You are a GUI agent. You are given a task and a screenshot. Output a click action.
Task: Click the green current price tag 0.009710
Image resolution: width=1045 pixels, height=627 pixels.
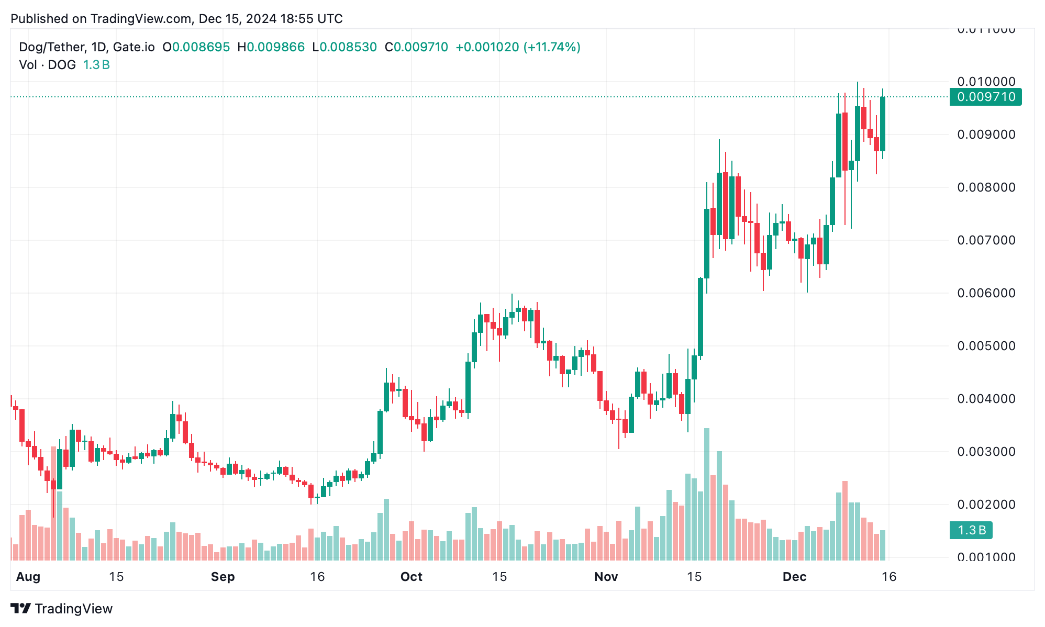point(985,97)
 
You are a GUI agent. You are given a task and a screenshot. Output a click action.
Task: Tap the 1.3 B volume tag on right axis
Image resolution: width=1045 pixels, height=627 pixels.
point(971,530)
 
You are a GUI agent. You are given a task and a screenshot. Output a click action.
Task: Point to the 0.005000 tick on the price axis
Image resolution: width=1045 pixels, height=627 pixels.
point(986,346)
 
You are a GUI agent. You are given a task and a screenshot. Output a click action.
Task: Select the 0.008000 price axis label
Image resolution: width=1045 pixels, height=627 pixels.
point(986,187)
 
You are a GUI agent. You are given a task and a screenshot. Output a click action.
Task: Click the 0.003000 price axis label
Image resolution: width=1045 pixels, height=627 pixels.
point(986,452)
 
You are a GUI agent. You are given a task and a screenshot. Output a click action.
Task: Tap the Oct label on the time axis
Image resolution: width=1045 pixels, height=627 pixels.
point(411,577)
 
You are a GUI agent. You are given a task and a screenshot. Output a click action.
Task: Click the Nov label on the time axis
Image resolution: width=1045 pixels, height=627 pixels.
point(606,577)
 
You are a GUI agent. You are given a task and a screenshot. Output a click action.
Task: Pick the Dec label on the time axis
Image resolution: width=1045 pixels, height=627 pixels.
point(794,577)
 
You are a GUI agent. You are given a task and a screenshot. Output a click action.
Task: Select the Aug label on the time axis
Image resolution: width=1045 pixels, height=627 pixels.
point(28,577)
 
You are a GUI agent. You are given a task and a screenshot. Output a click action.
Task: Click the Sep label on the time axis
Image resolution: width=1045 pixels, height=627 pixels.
point(223,577)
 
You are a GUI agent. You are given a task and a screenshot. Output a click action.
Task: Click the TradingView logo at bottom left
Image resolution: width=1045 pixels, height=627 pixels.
point(62,609)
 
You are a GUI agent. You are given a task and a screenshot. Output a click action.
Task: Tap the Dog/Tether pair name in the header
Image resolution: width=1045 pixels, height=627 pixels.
point(51,47)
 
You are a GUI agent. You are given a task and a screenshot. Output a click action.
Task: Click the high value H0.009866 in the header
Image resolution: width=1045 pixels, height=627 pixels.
point(271,47)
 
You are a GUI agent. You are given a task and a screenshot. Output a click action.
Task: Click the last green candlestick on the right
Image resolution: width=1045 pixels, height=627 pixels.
point(883,124)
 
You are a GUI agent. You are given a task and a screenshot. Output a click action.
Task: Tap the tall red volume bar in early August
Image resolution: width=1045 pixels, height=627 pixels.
point(53,502)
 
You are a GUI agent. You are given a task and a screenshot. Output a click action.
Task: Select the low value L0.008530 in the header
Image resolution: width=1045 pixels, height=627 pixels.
point(344,47)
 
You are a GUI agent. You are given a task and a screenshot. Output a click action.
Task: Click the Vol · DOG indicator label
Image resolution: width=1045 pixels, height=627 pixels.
point(47,65)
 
